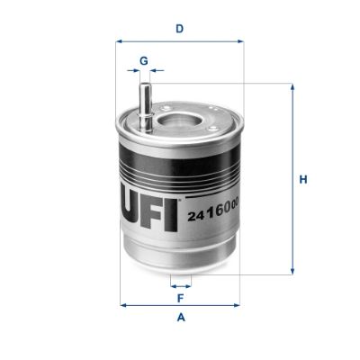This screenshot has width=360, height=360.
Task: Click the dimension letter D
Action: (180, 28)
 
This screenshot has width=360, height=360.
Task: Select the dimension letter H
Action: (303, 180)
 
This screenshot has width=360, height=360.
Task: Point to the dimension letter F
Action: (181, 296)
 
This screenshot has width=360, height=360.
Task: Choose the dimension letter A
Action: (181, 318)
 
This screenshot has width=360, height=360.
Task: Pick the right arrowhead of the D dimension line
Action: (240, 40)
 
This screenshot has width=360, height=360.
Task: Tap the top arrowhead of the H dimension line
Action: (292, 87)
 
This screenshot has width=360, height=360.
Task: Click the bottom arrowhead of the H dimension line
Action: (292, 271)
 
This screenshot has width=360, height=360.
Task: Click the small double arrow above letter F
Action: (181, 283)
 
